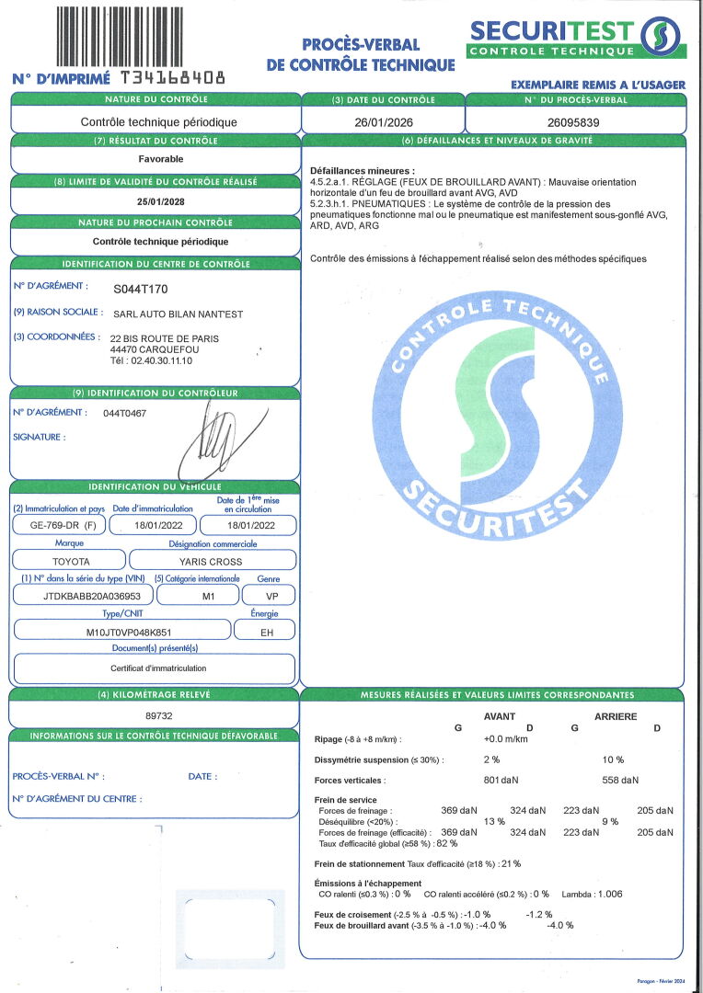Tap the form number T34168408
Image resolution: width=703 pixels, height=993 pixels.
point(172,78)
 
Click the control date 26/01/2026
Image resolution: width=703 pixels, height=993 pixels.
point(383,121)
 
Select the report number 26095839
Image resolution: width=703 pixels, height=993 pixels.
point(574,121)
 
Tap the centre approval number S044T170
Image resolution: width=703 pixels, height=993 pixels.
point(141,289)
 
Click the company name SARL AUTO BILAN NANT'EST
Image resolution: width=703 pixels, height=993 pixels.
point(178,314)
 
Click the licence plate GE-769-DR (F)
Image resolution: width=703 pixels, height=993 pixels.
point(57,526)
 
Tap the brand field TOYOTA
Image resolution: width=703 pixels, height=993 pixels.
point(71,561)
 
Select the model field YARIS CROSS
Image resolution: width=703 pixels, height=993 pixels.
point(213,561)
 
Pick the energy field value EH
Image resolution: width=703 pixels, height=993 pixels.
point(265,633)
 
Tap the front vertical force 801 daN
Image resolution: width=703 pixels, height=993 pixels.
point(502,781)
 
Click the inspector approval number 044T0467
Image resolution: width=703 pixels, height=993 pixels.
point(125,413)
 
